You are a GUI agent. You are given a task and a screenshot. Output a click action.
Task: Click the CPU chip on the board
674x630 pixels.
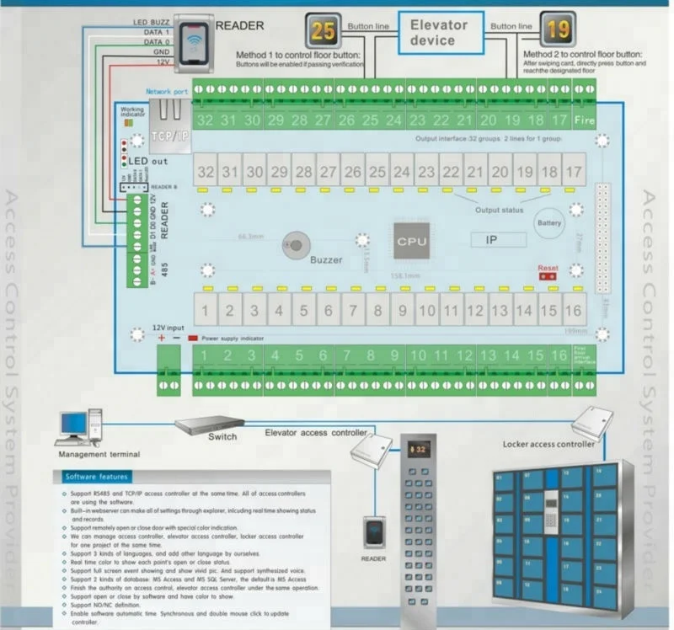(412, 241)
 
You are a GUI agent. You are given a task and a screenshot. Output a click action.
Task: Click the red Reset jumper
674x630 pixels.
(548, 275)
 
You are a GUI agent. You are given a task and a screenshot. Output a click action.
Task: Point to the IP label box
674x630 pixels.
(498, 240)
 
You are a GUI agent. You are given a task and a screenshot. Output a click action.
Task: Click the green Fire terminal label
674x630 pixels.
(584, 120)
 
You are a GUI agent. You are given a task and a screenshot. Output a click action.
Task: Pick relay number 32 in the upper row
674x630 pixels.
(206, 173)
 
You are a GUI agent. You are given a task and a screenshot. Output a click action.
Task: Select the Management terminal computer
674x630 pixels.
(80, 426)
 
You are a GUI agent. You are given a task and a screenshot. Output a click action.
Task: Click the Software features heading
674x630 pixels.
(97, 477)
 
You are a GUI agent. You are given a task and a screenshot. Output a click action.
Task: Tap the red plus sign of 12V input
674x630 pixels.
(162, 337)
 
